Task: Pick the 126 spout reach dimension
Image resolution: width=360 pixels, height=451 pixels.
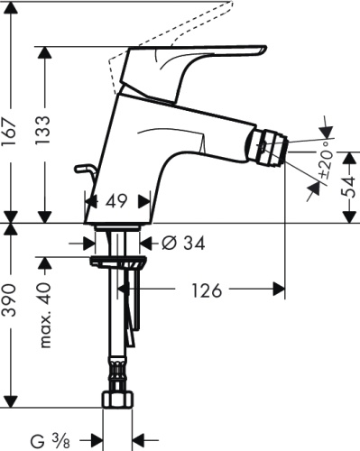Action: (x=208, y=290)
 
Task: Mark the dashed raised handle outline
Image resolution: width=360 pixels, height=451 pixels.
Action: (x=171, y=32)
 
